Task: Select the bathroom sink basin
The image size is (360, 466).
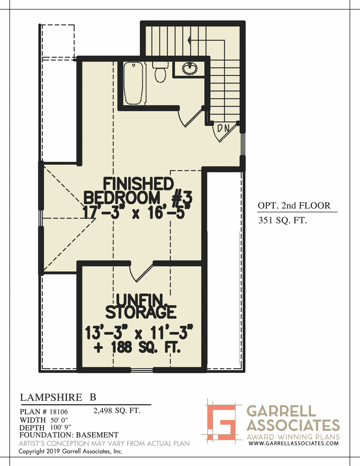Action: click(x=190, y=69)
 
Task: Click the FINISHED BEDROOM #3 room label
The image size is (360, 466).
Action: click(x=138, y=191)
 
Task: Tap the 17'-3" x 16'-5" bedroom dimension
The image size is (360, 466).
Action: click(x=137, y=213)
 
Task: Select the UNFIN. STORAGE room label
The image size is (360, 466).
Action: click(x=140, y=306)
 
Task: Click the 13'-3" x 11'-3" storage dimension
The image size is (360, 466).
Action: click(x=139, y=333)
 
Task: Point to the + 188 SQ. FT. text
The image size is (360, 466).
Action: click(x=137, y=348)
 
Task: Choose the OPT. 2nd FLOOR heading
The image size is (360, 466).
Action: click(x=294, y=206)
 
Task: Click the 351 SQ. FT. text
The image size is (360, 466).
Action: click(x=283, y=220)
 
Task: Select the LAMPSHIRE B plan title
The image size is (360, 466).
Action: click(x=58, y=397)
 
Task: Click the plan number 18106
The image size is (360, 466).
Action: click(x=59, y=412)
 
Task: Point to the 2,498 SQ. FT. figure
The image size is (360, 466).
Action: click(x=117, y=410)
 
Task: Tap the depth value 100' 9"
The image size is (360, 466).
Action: click(x=61, y=427)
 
